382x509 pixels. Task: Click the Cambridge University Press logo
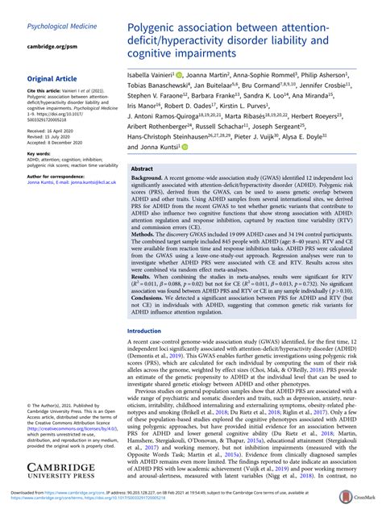61,471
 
